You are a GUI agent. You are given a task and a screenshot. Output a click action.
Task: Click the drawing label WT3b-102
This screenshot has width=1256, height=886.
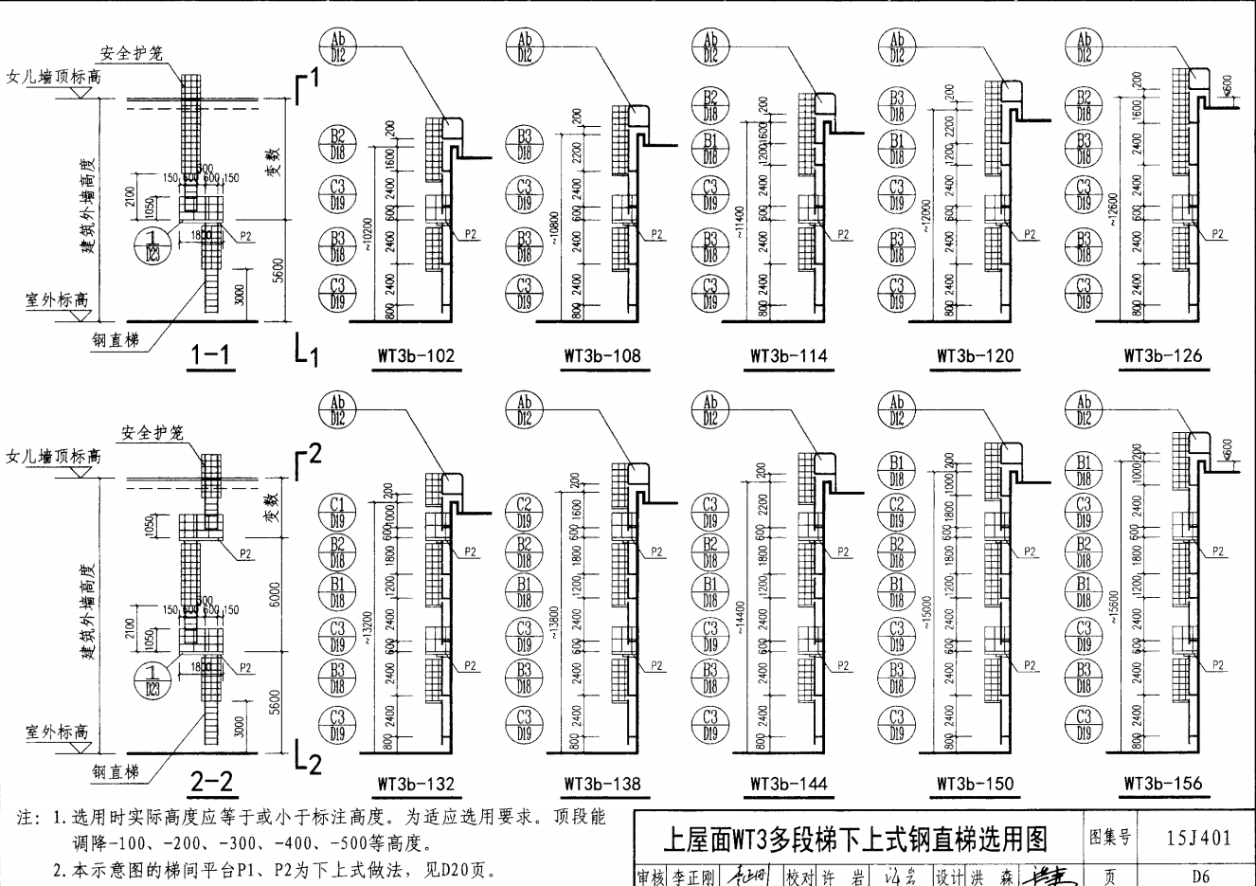pyautogui.click(x=415, y=356)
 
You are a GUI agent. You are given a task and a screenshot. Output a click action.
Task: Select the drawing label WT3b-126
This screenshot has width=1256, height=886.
pyautogui.click(x=1162, y=356)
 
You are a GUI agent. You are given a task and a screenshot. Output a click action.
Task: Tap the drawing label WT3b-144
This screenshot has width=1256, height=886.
pyautogui.click(x=788, y=784)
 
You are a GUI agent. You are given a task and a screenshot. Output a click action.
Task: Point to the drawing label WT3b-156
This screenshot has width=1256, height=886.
pyautogui.click(x=1162, y=784)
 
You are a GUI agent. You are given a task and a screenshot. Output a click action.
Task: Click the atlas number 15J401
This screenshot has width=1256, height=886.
pyautogui.click(x=1200, y=837)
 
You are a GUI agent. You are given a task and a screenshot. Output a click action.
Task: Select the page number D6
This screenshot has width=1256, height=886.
pyautogui.click(x=1200, y=877)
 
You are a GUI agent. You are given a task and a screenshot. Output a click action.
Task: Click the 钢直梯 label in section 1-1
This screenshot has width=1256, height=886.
pyautogui.click(x=114, y=338)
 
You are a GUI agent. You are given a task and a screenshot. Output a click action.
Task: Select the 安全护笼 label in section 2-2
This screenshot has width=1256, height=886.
pyautogui.click(x=152, y=433)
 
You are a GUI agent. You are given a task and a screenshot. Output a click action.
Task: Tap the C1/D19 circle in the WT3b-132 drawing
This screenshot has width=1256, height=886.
pyautogui.click(x=337, y=511)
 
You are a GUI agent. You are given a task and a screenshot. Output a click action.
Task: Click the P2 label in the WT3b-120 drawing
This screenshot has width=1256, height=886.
pyautogui.click(x=1027, y=236)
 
